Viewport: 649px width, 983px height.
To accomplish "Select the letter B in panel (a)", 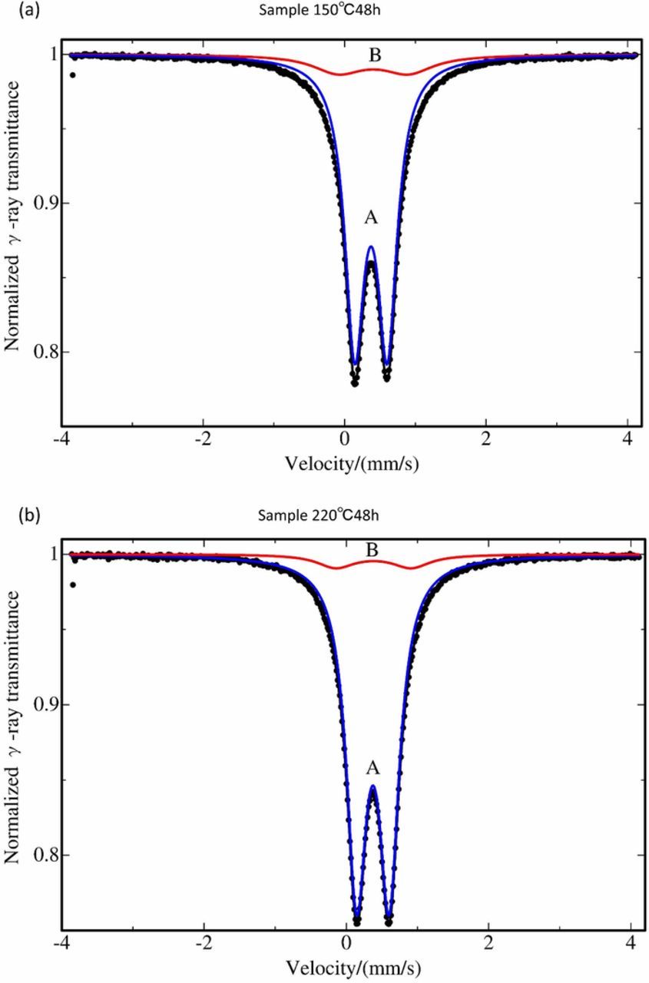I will click(x=373, y=55).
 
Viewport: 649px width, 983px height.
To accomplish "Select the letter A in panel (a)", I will click(x=371, y=219).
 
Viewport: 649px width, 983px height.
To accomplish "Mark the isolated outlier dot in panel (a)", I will click(x=72, y=75).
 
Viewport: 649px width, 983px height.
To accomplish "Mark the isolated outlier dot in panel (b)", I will click(x=72, y=584).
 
